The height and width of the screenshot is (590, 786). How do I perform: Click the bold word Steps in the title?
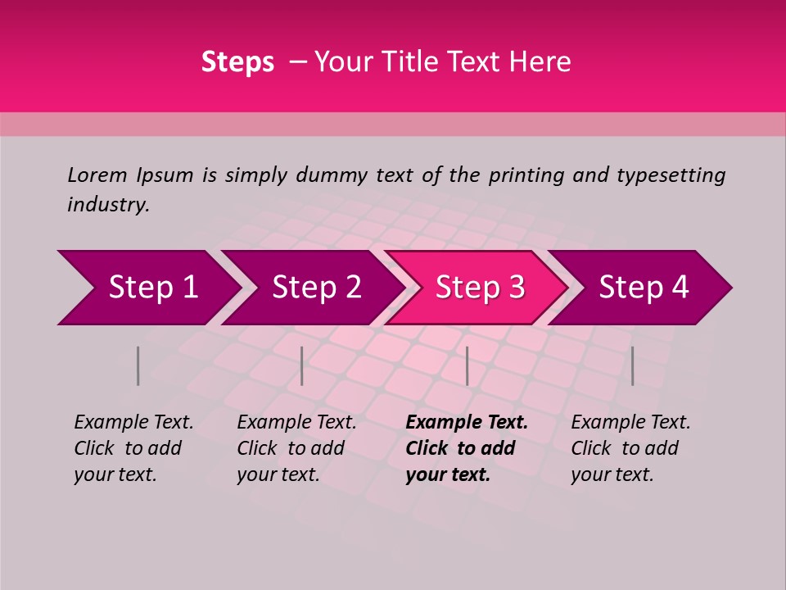[237, 62]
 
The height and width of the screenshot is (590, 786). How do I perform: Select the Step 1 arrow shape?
[147, 288]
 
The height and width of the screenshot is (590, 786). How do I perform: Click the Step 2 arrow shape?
[315, 288]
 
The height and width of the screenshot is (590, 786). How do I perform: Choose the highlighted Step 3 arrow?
[479, 288]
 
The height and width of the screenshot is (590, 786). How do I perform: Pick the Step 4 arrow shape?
[643, 288]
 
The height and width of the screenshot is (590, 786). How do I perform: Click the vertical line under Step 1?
[138, 365]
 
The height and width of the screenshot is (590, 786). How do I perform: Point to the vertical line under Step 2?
[302, 365]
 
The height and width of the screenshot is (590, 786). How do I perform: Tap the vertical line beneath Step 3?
[467, 365]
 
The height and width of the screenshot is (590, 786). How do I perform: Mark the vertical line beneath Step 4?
[632, 365]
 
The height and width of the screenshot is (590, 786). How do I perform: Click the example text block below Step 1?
[133, 448]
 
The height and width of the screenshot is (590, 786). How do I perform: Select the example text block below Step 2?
[296, 448]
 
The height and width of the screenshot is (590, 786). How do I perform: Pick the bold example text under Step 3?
[467, 448]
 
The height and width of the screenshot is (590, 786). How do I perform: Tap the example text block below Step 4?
[630, 448]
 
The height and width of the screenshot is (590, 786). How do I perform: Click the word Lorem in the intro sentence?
[97, 175]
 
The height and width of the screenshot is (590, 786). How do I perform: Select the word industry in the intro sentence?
[107, 205]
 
